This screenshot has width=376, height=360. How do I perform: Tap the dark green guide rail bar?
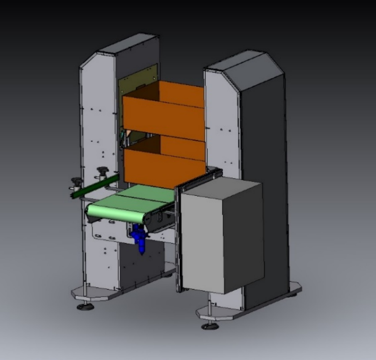(95, 186)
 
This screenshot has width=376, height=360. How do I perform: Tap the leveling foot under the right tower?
(209, 326)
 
